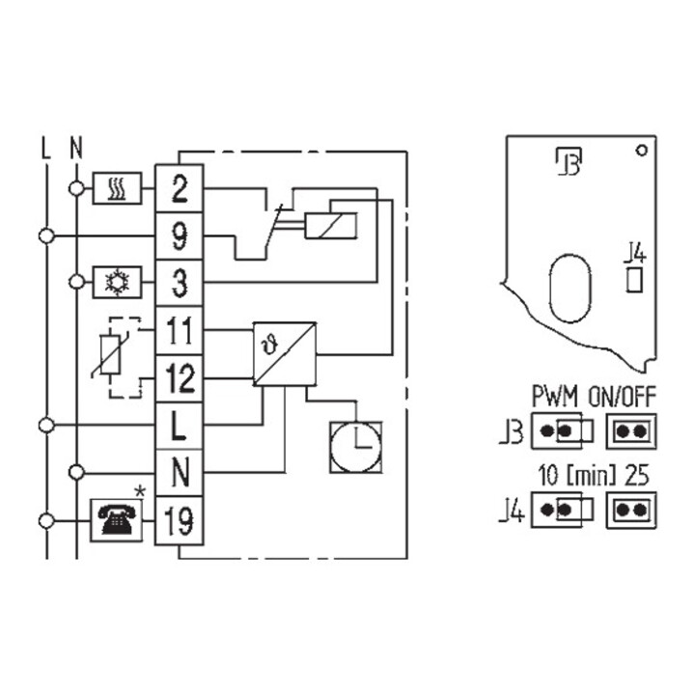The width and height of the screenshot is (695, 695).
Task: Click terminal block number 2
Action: pyautogui.click(x=180, y=189)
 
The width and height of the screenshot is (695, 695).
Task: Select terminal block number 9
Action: pyautogui.click(x=180, y=236)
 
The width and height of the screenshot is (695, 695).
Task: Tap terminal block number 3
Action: pyautogui.click(x=180, y=283)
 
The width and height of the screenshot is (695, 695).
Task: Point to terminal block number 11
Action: pyautogui.click(x=180, y=331)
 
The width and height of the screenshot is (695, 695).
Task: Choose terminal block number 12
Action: pyautogui.click(x=180, y=378)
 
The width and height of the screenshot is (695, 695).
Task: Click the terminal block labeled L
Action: pyautogui.click(x=180, y=426)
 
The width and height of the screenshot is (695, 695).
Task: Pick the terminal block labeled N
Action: pyautogui.click(x=180, y=473)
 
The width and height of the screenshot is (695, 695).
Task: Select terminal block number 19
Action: pyautogui.click(x=180, y=520)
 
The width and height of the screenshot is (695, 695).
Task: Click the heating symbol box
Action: pyautogui.click(x=117, y=188)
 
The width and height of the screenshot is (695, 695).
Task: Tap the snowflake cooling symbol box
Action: pyautogui.click(x=117, y=282)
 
